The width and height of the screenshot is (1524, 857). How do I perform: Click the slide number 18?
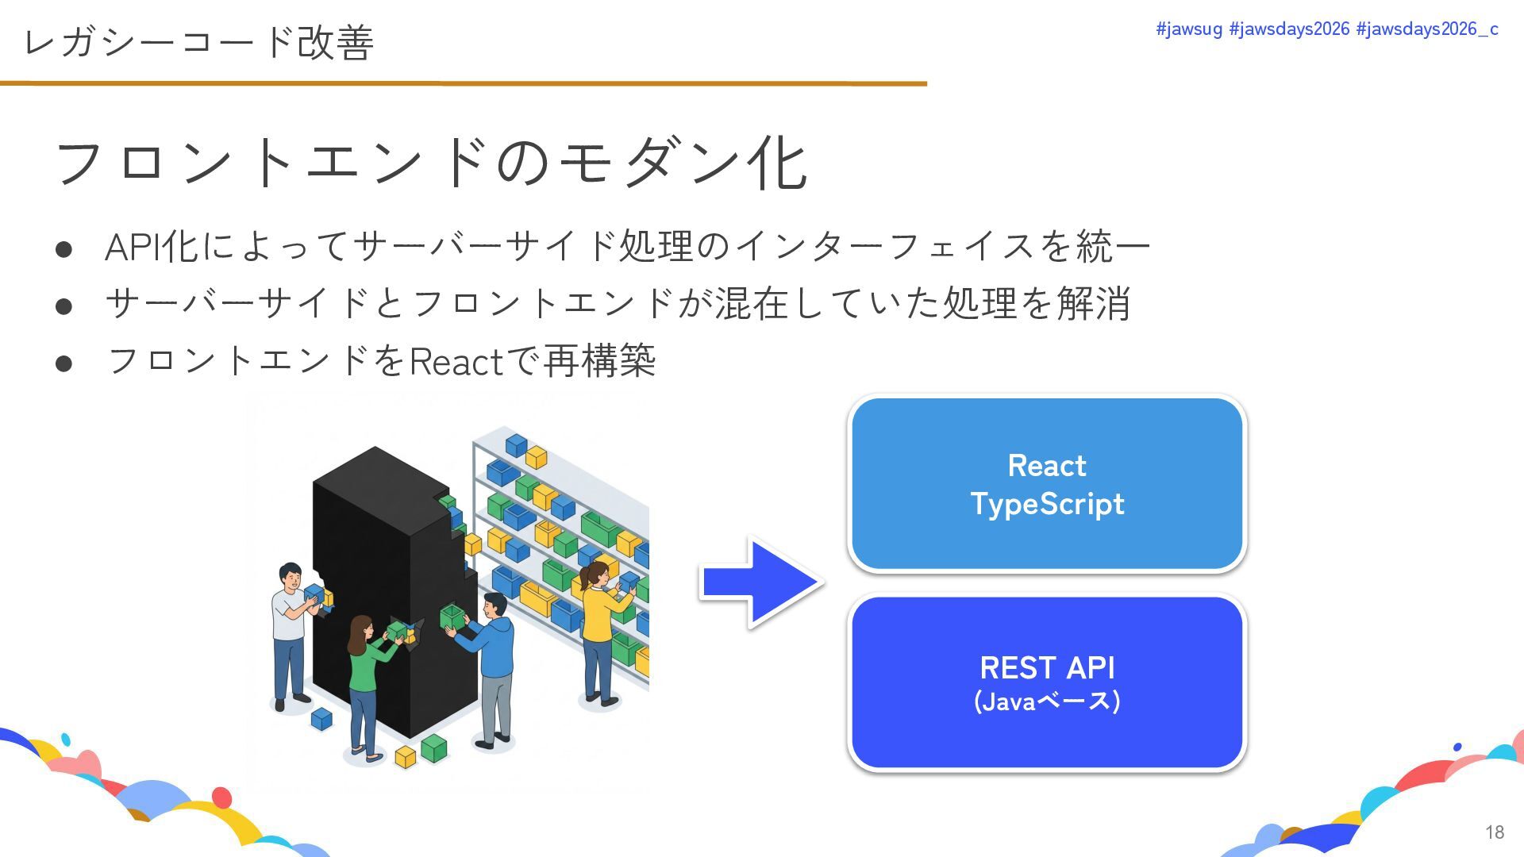(x=1495, y=832)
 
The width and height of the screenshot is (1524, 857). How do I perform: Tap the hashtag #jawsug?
(x=1188, y=29)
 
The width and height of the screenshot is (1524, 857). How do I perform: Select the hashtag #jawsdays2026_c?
(x=1427, y=29)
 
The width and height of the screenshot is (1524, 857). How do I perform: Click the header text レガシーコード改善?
(x=198, y=42)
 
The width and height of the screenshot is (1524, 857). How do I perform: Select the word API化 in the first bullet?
(x=152, y=246)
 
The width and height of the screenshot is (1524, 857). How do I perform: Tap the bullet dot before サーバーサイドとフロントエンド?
(x=64, y=306)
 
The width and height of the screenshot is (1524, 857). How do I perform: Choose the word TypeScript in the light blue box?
(x=1047, y=504)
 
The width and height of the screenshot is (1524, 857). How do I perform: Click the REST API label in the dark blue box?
(x=1047, y=667)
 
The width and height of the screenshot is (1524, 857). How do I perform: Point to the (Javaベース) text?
(x=1047, y=701)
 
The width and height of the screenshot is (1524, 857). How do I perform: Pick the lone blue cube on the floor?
(x=321, y=719)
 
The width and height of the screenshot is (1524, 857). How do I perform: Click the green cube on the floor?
(x=434, y=747)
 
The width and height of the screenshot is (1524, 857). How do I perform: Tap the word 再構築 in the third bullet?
(x=600, y=362)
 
